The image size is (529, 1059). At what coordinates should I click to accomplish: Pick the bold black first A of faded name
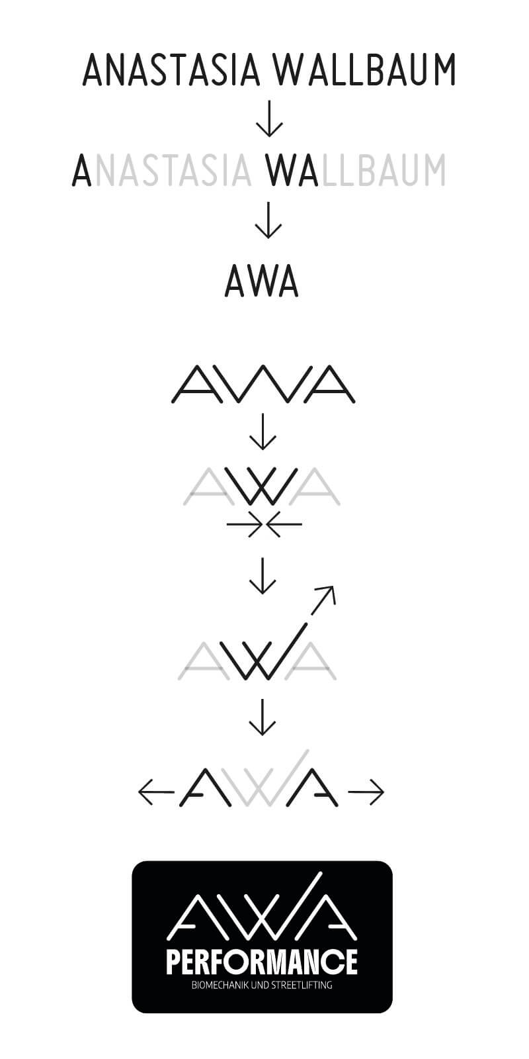coord(81,170)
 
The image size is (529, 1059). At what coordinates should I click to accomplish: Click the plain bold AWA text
coord(262,281)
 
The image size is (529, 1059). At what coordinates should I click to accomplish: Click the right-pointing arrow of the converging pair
coord(243,525)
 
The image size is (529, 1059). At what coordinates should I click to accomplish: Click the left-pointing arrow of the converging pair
coord(284,525)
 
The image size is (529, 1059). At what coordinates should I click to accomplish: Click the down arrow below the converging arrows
coord(263,576)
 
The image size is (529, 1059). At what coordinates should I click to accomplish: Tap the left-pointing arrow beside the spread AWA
coord(155,791)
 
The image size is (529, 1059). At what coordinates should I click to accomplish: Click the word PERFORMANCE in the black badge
coord(262,962)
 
